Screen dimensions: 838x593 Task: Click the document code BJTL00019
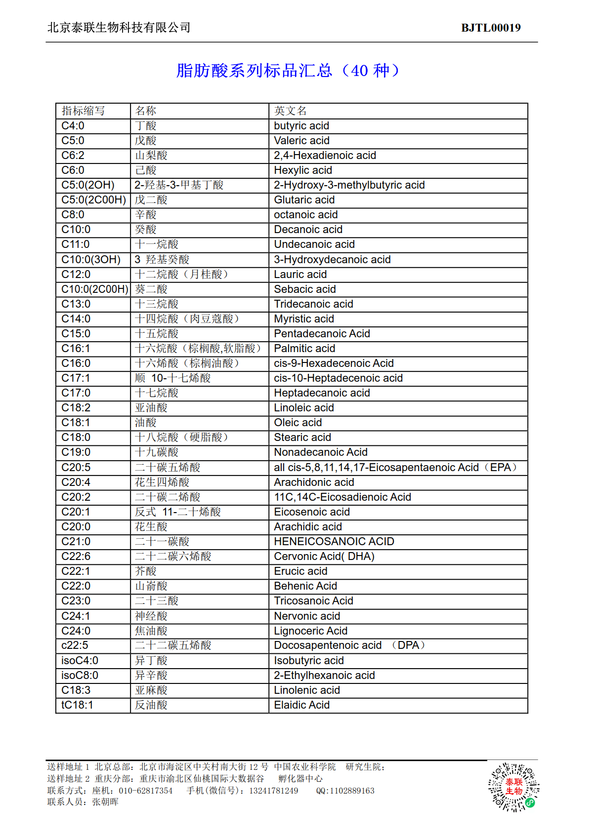tap(490, 28)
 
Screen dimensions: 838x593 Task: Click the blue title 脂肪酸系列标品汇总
tap(254, 71)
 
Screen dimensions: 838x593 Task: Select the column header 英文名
tap(291, 111)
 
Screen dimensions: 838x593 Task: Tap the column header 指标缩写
tap(83, 111)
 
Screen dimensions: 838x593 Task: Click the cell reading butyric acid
tap(301, 126)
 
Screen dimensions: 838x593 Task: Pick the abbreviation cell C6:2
tap(73, 156)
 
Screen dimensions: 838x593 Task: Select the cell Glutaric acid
tap(304, 200)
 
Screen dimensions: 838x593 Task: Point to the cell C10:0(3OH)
tap(91, 260)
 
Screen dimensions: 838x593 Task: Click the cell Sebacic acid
tap(305, 289)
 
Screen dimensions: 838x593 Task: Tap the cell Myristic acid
tap(304, 319)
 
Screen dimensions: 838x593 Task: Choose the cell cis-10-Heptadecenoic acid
tap(338, 378)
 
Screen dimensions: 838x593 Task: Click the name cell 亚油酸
tap(151, 408)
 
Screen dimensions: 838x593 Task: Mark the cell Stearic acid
tap(302, 438)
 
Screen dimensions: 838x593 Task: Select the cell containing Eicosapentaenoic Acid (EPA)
tap(395, 468)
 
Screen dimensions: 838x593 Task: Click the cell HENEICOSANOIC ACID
tap(334, 542)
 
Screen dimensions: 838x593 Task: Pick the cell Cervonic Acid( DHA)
tap(324, 557)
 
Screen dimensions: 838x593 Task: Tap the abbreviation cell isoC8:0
tap(80, 676)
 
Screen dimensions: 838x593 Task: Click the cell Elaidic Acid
tap(301, 705)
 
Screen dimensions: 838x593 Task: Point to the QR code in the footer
tap(513, 787)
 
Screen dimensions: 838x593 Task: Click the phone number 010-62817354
tap(146, 791)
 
